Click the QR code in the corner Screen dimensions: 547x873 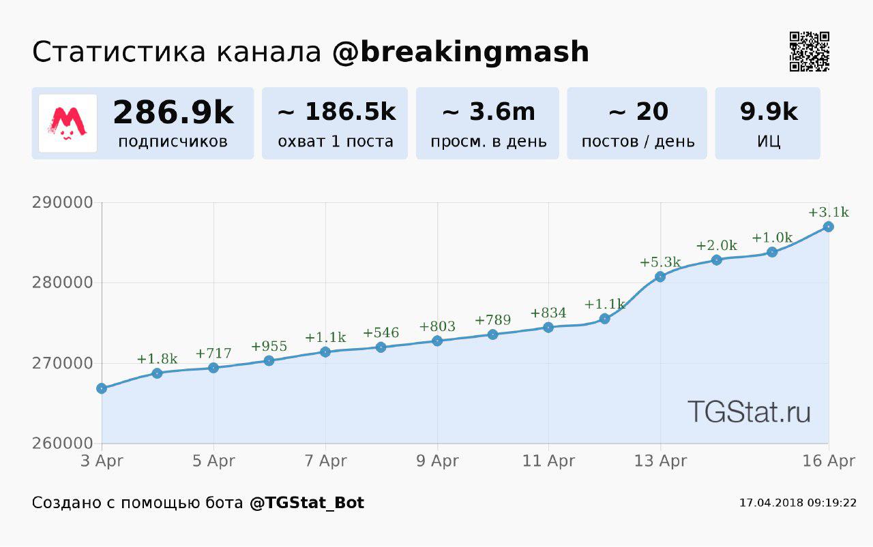click(x=810, y=51)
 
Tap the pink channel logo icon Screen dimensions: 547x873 click(x=68, y=123)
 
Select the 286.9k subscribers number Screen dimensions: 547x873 click(x=173, y=112)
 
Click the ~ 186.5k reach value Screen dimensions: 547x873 click(x=336, y=112)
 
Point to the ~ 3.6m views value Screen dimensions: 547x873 click(x=488, y=112)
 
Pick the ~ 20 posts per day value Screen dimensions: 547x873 click(x=638, y=112)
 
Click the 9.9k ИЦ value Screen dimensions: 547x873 click(x=769, y=112)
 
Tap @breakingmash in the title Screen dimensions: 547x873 click(x=461, y=52)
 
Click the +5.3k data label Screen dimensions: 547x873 click(x=660, y=262)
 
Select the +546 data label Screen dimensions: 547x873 click(x=381, y=333)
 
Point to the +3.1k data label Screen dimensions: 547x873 click(x=828, y=213)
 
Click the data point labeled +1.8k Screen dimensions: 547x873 click(x=158, y=373)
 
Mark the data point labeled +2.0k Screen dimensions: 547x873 click(x=716, y=260)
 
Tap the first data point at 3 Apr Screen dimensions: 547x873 click(x=102, y=388)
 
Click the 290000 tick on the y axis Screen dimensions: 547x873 click(x=62, y=203)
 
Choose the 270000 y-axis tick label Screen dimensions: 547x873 click(x=62, y=363)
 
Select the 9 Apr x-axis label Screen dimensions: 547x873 click(x=437, y=461)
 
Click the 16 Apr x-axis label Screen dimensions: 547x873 click(x=828, y=461)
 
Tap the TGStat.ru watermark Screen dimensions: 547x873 click(x=749, y=412)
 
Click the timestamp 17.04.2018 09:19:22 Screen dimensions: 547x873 click(x=797, y=503)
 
